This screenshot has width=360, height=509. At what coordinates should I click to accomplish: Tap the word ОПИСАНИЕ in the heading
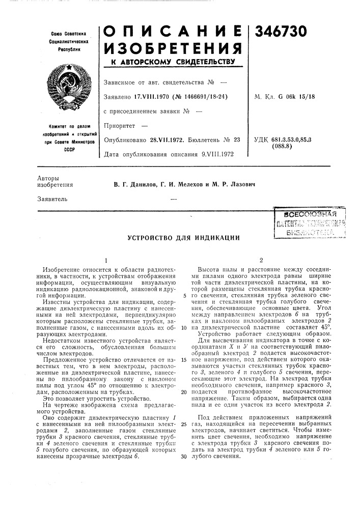tap(173, 32)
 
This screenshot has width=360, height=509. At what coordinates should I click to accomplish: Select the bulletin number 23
tap(237, 139)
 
